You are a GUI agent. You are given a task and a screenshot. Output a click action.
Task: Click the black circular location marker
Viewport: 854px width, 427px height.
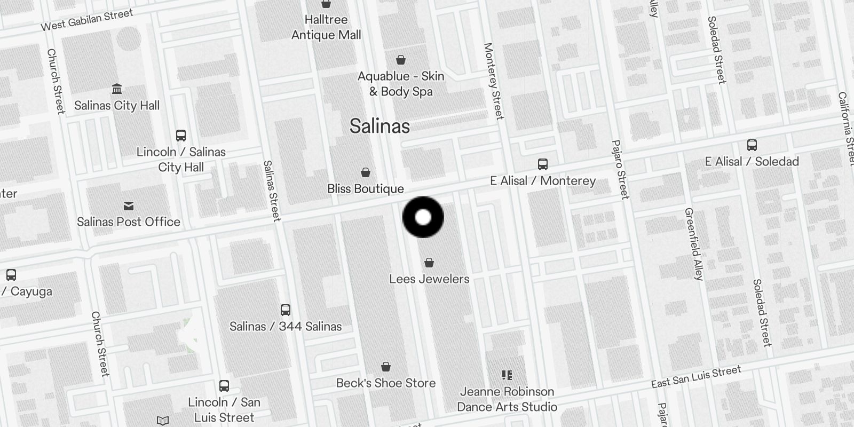point(423,217)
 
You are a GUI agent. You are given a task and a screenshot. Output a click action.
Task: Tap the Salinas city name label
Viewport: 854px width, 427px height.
point(379,126)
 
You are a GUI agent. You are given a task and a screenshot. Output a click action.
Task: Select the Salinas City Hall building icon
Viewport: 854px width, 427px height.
point(117,89)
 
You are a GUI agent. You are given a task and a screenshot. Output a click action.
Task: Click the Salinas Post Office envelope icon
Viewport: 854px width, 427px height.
point(129,205)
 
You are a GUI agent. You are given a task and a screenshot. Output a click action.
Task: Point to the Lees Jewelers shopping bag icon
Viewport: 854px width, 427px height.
point(429,263)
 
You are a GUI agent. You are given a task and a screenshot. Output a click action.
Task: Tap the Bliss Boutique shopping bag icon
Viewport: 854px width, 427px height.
point(366,172)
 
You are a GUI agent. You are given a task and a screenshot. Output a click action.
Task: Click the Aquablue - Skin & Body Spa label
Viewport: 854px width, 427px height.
point(401,84)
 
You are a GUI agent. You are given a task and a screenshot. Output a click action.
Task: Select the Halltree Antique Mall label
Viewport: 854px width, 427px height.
point(326,27)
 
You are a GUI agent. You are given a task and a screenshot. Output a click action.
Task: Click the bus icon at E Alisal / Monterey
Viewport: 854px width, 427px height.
point(543,164)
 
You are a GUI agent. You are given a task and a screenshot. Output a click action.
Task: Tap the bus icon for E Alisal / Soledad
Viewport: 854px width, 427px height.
point(752,145)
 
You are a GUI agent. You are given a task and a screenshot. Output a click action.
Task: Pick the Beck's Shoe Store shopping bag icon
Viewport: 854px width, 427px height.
point(386,367)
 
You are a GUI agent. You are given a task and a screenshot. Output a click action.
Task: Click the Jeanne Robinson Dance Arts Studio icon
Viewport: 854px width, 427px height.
point(507,375)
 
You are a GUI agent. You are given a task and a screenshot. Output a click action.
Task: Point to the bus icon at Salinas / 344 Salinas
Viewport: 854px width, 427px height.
point(286,310)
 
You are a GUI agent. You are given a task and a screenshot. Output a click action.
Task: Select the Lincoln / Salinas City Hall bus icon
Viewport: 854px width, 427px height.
point(181,135)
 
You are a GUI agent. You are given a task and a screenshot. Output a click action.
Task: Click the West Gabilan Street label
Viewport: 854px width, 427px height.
point(87,20)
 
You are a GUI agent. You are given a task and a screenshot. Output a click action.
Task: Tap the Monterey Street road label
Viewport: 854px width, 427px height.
point(493,81)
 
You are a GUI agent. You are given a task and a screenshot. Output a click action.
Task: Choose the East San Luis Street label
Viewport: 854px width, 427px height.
point(696,377)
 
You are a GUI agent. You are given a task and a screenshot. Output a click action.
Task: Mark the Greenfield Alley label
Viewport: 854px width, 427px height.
point(694,244)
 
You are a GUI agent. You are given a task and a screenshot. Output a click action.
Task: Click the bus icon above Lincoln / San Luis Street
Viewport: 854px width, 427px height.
point(224,385)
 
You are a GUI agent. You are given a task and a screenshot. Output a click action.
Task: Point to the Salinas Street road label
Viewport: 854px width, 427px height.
point(272,191)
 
